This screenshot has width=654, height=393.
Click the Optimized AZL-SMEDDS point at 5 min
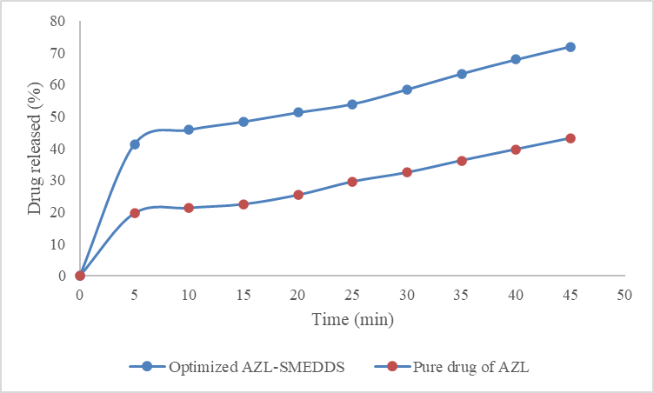(x=135, y=144)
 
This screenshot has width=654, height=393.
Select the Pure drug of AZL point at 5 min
(x=135, y=213)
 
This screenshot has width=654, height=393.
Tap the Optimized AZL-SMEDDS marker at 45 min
(x=571, y=47)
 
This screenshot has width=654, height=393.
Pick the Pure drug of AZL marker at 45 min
(x=571, y=138)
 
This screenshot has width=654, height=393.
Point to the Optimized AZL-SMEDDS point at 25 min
(x=352, y=104)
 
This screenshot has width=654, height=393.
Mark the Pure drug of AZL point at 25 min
(x=352, y=182)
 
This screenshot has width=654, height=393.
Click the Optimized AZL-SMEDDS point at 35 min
(x=462, y=74)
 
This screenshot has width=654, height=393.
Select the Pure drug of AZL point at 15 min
(x=244, y=204)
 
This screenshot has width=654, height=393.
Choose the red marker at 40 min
(x=516, y=150)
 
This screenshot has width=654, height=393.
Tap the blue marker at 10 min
(x=189, y=130)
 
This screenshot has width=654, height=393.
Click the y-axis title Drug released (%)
(x=34, y=149)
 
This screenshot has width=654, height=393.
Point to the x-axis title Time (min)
(x=352, y=320)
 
